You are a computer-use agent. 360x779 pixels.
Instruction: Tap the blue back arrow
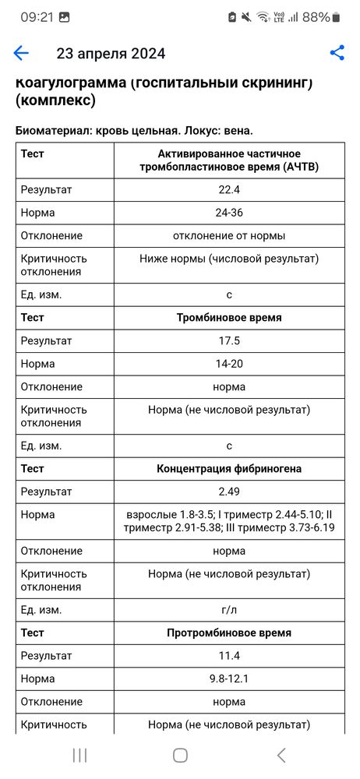pyautogui.click(x=21, y=53)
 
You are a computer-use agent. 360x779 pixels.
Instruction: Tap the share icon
pyautogui.click(x=337, y=53)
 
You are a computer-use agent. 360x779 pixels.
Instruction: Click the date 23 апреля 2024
pyautogui.click(x=111, y=54)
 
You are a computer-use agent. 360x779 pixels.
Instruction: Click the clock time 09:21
pyautogui.click(x=37, y=16)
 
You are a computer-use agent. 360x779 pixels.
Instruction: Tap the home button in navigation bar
pyautogui.click(x=180, y=754)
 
